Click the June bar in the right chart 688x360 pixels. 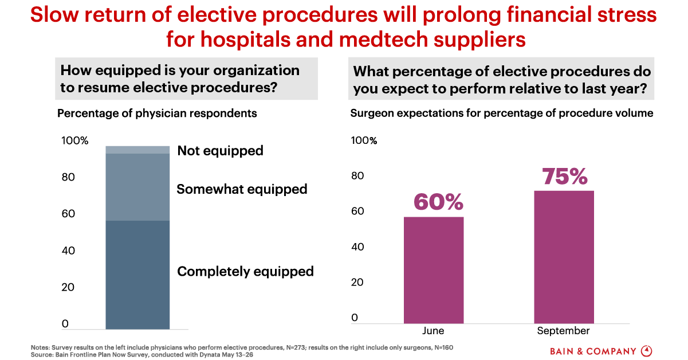[x=434, y=270]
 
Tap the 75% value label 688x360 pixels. [x=565, y=176]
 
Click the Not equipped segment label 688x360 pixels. [x=220, y=151]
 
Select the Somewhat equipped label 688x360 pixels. [x=242, y=189]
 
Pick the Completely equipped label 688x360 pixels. [x=245, y=271]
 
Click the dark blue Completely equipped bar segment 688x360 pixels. [x=137, y=275]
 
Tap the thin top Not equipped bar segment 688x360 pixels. [x=137, y=150]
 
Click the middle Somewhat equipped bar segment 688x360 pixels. [x=137, y=187]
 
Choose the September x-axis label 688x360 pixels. [x=563, y=331]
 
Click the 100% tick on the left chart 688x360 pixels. [x=75, y=140]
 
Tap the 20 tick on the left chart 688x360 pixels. [x=68, y=287]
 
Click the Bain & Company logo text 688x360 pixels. [x=593, y=351]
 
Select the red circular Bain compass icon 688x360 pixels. [x=646, y=351]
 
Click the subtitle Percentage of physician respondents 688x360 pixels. [x=157, y=114]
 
